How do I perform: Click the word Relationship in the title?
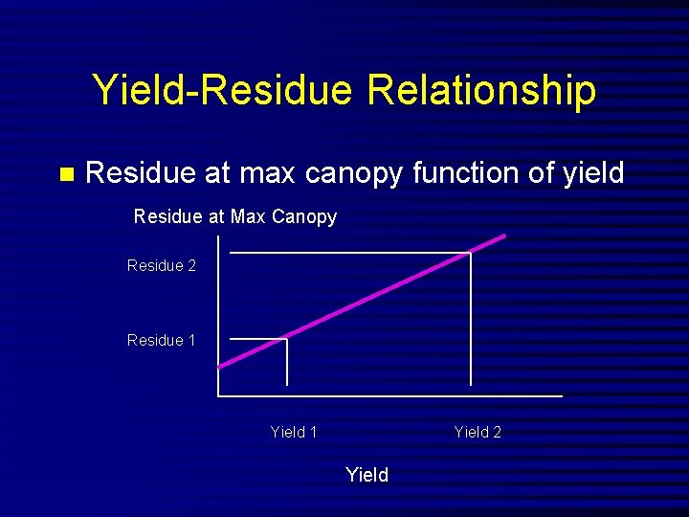coord(481,91)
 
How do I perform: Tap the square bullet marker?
coord(66,174)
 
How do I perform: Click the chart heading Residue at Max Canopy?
coord(234,216)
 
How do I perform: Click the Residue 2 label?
coord(161,265)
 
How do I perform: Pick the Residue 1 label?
coord(161,340)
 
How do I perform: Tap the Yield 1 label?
coord(294,432)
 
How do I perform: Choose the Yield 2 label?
coord(478,432)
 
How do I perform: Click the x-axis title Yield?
coord(367,475)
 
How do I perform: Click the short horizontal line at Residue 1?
coord(256,339)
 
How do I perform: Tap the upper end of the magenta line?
coord(503,236)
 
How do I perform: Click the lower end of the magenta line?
coord(222,366)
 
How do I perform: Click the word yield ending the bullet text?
coord(592,173)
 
